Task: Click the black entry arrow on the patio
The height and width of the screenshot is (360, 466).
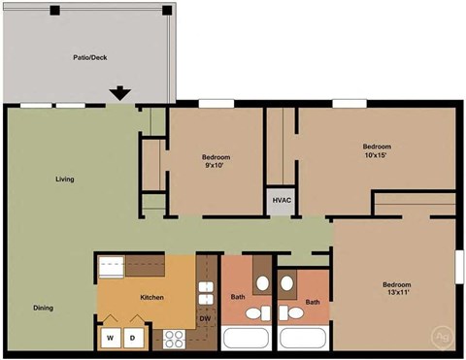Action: click(119, 94)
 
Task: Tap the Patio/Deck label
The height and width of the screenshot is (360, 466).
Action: click(89, 57)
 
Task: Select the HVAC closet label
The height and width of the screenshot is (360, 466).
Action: click(282, 201)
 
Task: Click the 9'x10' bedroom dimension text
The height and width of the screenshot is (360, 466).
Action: click(216, 166)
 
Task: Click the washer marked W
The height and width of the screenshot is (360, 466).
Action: click(110, 338)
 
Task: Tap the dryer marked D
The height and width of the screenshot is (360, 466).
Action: click(134, 338)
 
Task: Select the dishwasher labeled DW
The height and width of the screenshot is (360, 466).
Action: click(205, 318)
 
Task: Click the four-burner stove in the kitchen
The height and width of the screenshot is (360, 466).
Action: click(175, 339)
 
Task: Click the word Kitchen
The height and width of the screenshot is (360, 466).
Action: click(151, 297)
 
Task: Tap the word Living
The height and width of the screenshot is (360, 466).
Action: click(65, 180)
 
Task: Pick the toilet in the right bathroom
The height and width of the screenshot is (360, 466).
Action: click(289, 314)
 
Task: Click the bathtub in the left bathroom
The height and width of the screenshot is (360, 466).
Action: click(250, 339)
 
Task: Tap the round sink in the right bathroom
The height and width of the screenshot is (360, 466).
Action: click(287, 283)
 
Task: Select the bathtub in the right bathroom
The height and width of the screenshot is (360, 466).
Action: click(303, 339)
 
